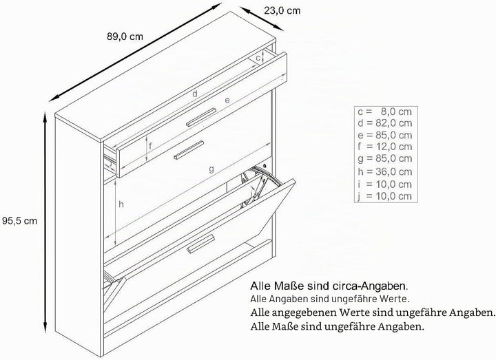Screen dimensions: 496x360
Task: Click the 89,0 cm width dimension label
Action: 125,36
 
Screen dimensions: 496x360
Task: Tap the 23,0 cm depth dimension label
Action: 282,11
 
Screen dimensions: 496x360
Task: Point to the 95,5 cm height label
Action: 19,221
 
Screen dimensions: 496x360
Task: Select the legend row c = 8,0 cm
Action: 385,112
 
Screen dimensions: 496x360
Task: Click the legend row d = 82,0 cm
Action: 385,123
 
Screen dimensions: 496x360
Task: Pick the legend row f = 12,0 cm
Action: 385,147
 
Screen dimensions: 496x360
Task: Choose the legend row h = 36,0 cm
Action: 385,171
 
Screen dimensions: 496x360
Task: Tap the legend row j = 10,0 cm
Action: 385,196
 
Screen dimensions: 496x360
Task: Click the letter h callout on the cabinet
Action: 121,204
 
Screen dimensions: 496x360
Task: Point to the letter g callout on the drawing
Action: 211,169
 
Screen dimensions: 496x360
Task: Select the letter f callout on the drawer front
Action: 151,146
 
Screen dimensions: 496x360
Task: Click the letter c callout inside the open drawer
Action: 258,58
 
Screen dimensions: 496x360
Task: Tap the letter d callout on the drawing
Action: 195,94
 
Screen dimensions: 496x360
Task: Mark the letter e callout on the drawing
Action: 227,100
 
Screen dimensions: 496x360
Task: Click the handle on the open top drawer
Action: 201,118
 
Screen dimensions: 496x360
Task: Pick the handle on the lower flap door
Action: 201,244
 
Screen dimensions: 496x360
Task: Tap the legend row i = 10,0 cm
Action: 385,184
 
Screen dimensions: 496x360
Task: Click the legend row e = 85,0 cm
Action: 385,136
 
